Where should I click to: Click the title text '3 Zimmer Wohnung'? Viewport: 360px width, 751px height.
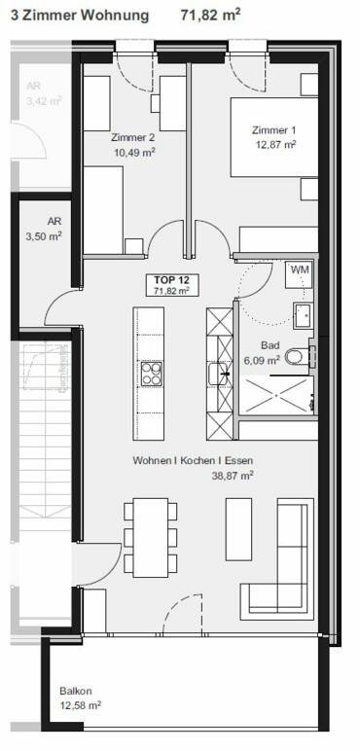pyautogui.click(x=80, y=15)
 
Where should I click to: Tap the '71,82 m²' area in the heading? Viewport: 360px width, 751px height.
pyautogui.click(x=211, y=15)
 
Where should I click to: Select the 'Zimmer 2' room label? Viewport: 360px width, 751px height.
pyautogui.click(x=134, y=138)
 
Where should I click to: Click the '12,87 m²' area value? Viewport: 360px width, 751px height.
pyautogui.click(x=273, y=144)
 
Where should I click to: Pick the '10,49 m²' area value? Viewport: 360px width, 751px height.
pyautogui.click(x=134, y=152)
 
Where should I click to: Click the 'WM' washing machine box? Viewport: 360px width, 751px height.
pyautogui.click(x=300, y=269)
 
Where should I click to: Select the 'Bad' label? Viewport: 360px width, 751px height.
pyautogui.click(x=270, y=345)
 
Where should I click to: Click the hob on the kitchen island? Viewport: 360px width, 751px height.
pyautogui.click(x=153, y=373)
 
